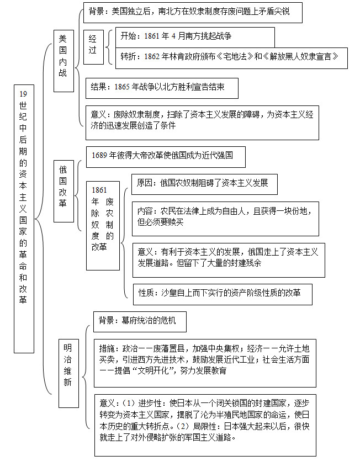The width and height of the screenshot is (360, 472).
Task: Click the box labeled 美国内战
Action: tap(63, 61)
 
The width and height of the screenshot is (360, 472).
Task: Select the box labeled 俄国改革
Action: tap(63, 191)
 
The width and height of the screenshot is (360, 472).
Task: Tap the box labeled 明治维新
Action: tap(68, 373)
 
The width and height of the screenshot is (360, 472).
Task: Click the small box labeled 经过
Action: tap(93, 47)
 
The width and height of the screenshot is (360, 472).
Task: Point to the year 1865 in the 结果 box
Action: tap(122, 87)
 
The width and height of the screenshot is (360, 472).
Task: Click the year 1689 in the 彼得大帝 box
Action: tap(99, 155)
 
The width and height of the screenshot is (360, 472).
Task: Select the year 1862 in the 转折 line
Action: tap(152, 57)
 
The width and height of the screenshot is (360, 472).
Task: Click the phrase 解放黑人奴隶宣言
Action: tap(301, 57)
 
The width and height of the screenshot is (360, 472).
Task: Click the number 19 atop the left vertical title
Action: tap(23, 94)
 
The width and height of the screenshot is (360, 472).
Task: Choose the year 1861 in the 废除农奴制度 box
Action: tap(99, 190)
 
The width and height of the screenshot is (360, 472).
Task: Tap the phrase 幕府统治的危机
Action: tap(149, 320)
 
